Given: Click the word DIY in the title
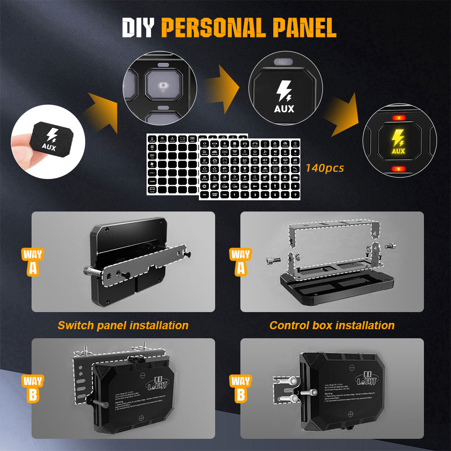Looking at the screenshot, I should tap(138, 28).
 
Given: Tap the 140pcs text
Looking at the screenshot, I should tap(324, 168).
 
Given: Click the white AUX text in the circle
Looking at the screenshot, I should tap(284, 109).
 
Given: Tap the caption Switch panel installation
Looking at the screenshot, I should tap(123, 325).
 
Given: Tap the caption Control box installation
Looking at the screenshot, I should tap(332, 325).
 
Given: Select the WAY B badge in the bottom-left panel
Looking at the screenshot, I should tap(32, 388).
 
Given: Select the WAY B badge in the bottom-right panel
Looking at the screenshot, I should tap(241, 388).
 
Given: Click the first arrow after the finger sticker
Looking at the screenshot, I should tap(103, 112).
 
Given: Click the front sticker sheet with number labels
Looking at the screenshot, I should tap(249, 169).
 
